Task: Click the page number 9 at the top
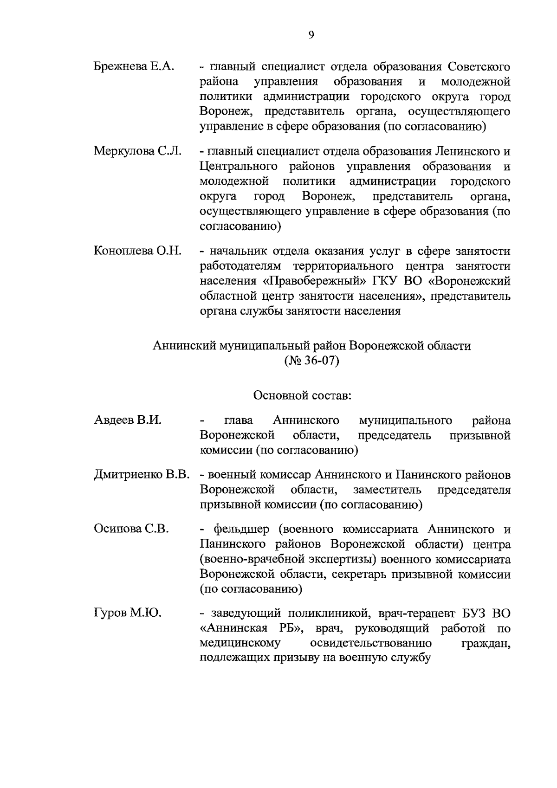311,34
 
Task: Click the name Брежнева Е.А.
134,66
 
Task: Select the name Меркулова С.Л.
137,151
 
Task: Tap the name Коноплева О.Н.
137,251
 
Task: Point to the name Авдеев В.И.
128,420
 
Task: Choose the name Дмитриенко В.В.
142,475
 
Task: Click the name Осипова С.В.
131,529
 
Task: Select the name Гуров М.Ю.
128,613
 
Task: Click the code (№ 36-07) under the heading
311,361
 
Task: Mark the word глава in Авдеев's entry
239,420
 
